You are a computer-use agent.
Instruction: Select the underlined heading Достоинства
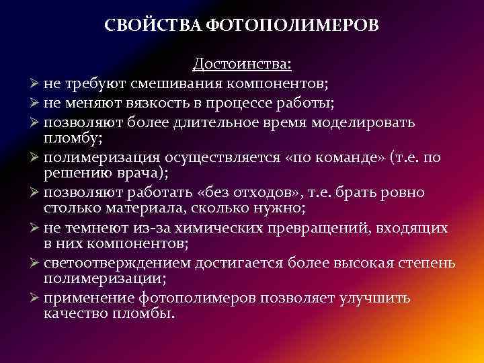242,65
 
